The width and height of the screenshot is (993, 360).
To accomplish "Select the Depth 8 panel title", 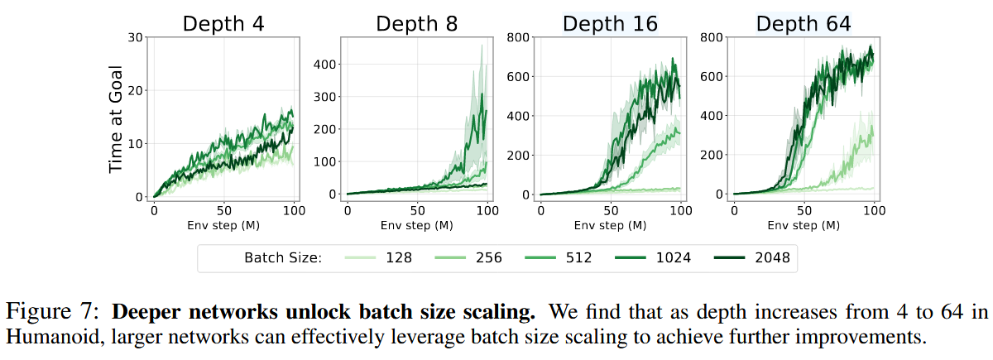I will [x=417, y=24].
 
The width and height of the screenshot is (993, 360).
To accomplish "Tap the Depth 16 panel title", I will [x=610, y=24].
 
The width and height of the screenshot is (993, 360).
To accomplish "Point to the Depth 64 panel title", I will [x=804, y=24].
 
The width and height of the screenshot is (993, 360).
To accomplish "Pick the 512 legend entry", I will [x=579, y=258].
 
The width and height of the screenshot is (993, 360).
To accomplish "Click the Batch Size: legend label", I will [x=282, y=258].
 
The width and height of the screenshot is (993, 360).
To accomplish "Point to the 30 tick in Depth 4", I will [x=136, y=36].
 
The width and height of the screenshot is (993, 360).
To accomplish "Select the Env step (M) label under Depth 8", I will [x=417, y=224].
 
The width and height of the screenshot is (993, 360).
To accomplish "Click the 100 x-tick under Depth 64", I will [x=874, y=210].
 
